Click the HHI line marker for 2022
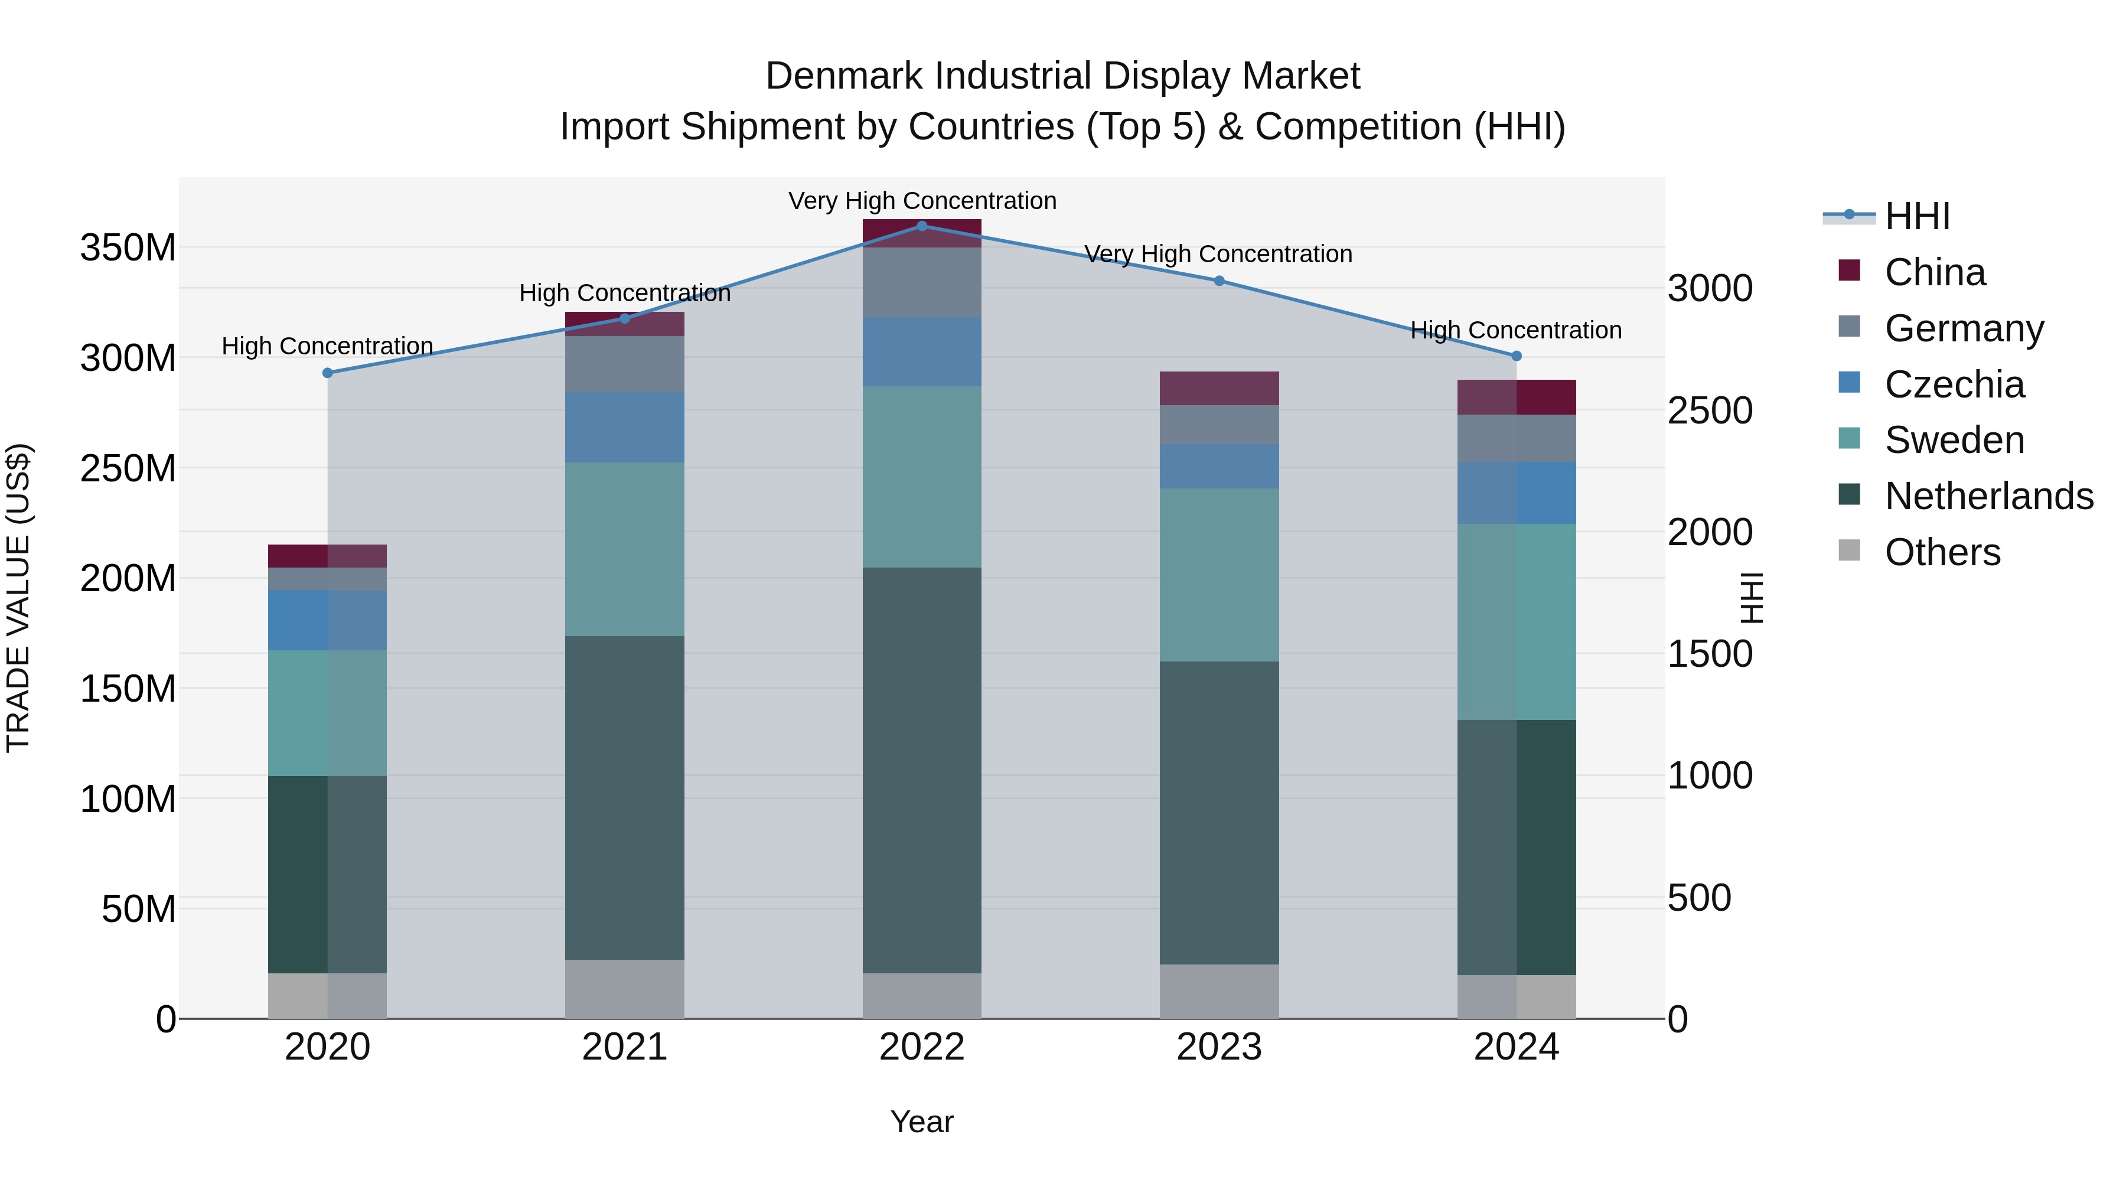[x=922, y=226]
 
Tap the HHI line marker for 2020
[x=328, y=373]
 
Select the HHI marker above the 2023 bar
[x=1219, y=281]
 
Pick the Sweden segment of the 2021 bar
[x=625, y=549]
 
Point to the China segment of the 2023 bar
[x=1219, y=388]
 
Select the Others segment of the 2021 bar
[x=625, y=989]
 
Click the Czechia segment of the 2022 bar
[x=922, y=351]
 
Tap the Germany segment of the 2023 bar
[x=1219, y=424]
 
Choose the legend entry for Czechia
[x=1954, y=384]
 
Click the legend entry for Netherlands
[x=1988, y=496]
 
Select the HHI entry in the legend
[x=1916, y=216]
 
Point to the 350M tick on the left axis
[x=128, y=247]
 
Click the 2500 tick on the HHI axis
[x=1710, y=411]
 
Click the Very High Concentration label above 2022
[x=922, y=201]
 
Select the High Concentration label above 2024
[x=1516, y=330]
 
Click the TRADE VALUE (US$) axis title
[x=18, y=598]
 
